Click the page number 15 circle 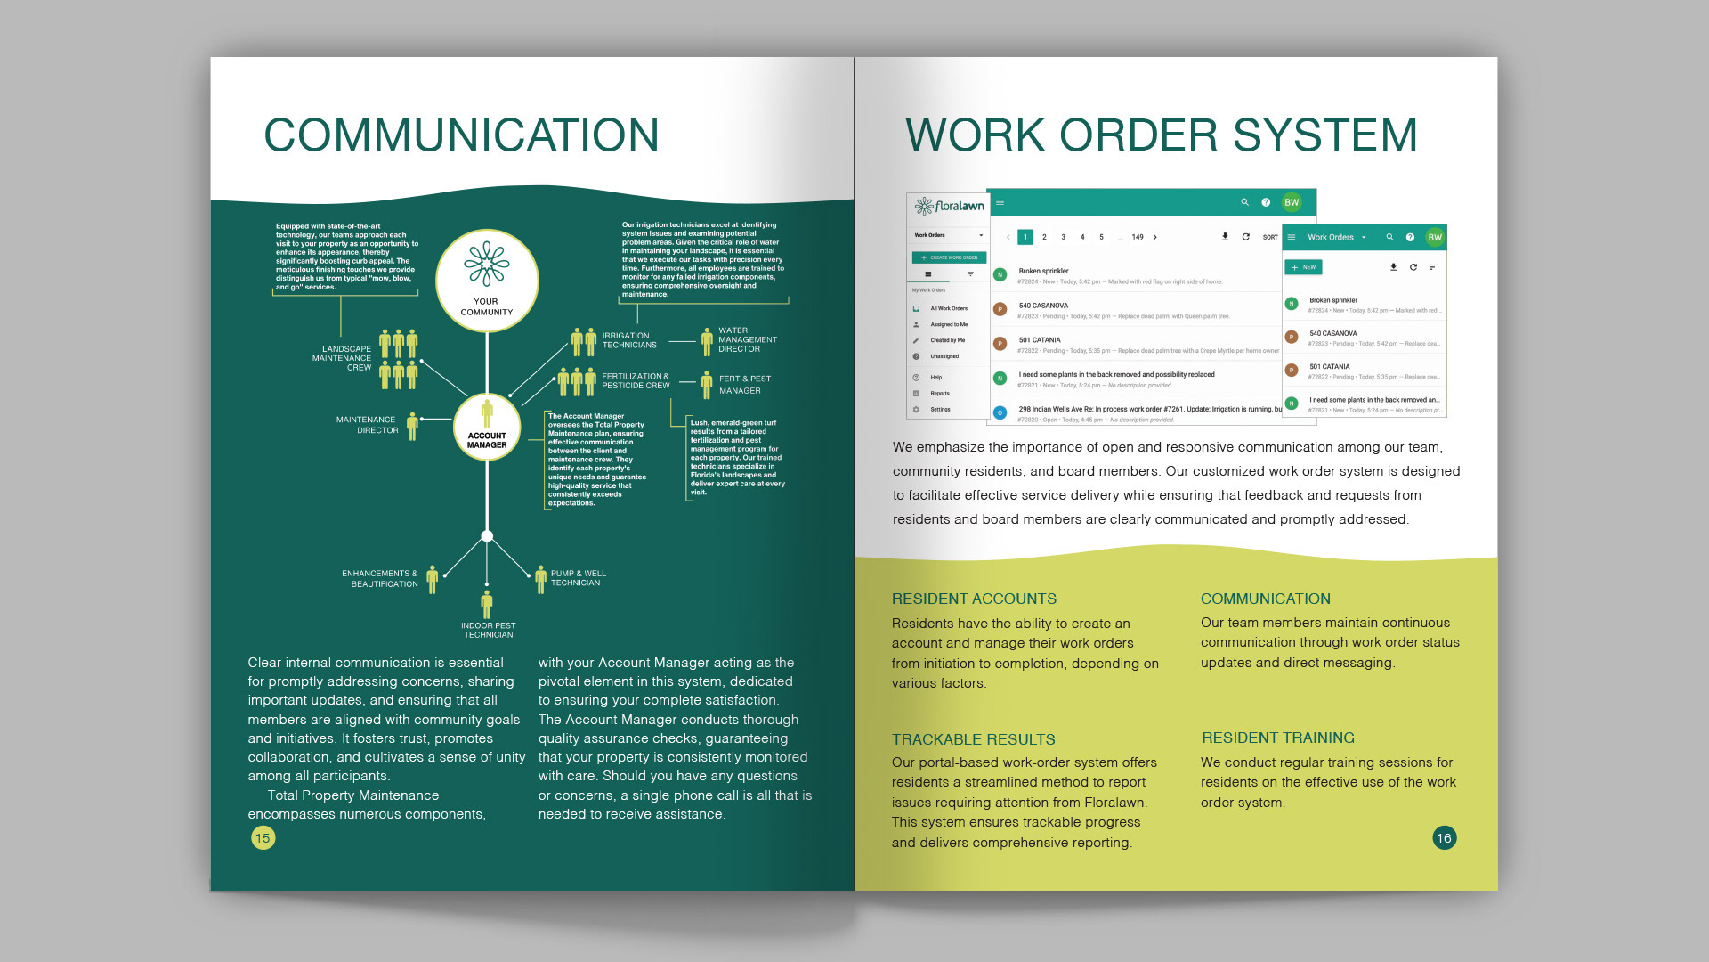pyautogui.click(x=263, y=837)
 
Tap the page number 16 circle pyautogui.click(x=1444, y=837)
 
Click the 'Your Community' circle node pyautogui.click(x=487, y=281)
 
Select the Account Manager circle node pyautogui.click(x=487, y=428)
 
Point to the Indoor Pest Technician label pyautogui.click(x=488, y=630)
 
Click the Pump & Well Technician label pyautogui.click(x=578, y=578)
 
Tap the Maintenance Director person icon pyautogui.click(x=412, y=426)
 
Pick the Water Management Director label pyautogui.click(x=747, y=339)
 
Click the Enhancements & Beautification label pyautogui.click(x=380, y=579)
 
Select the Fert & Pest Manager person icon pyautogui.click(x=707, y=385)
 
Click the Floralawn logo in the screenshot pyautogui.click(x=950, y=207)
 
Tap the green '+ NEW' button pyautogui.click(x=1303, y=267)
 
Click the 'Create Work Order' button pyautogui.click(x=949, y=257)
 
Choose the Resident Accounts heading pyautogui.click(x=974, y=599)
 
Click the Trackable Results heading pyautogui.click(x=973, y=739)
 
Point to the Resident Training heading pyautogui.click(x=1277, y=738)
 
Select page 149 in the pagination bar pyautogui.click(x=1137, y=237)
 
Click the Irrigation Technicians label pyautogui.click(x=628, y=340)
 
